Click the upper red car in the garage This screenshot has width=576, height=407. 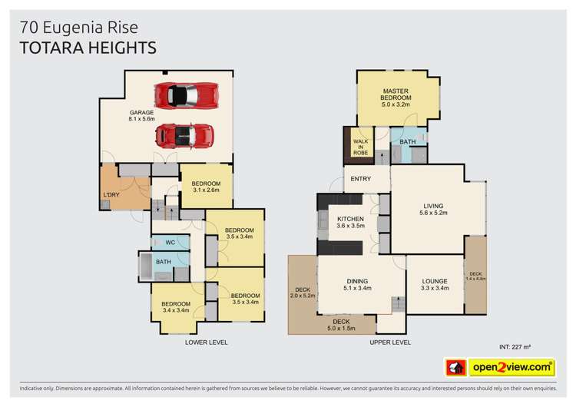pyautogui.click(x=187, y=95)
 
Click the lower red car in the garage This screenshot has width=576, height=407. pyautogui.click(x=184, y=136)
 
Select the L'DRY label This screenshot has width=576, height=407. pyautogui.click(x=111, y=195)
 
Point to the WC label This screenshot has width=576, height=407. pyautogui.click(x=170, y=243)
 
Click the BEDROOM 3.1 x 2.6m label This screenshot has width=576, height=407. pyautogui.click(x=206, y=187)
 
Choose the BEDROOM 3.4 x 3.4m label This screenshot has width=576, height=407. pyautogui.click(x=176, y=307)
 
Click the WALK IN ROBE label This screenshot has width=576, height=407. pyautogui.click(x=360, y=147)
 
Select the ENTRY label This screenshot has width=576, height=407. pyautogui.click(x=360, y=179)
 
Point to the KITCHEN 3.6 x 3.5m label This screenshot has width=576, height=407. pyautogui.click(x=350, y=222)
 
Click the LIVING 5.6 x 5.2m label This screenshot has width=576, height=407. pyautogui.click(x=433, y=210)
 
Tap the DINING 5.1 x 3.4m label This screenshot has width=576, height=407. pyautogui.click(x=357, y=285)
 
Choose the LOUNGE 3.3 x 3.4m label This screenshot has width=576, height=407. pyautogui.click(x=435, y=285)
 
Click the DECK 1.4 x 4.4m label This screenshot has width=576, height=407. pyautogui.click(x=475, y=276)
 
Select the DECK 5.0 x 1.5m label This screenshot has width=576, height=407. pyautogui.click(x=341, y=325)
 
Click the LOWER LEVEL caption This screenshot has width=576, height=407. pyautogui.click(x=207, y=342)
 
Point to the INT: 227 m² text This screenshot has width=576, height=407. pyautogui.click(x=515, y=347)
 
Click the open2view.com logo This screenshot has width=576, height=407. pyautogui.click(x=500, y=367)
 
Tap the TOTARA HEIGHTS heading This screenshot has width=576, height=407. pyautogui.click(x=88, y=48)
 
